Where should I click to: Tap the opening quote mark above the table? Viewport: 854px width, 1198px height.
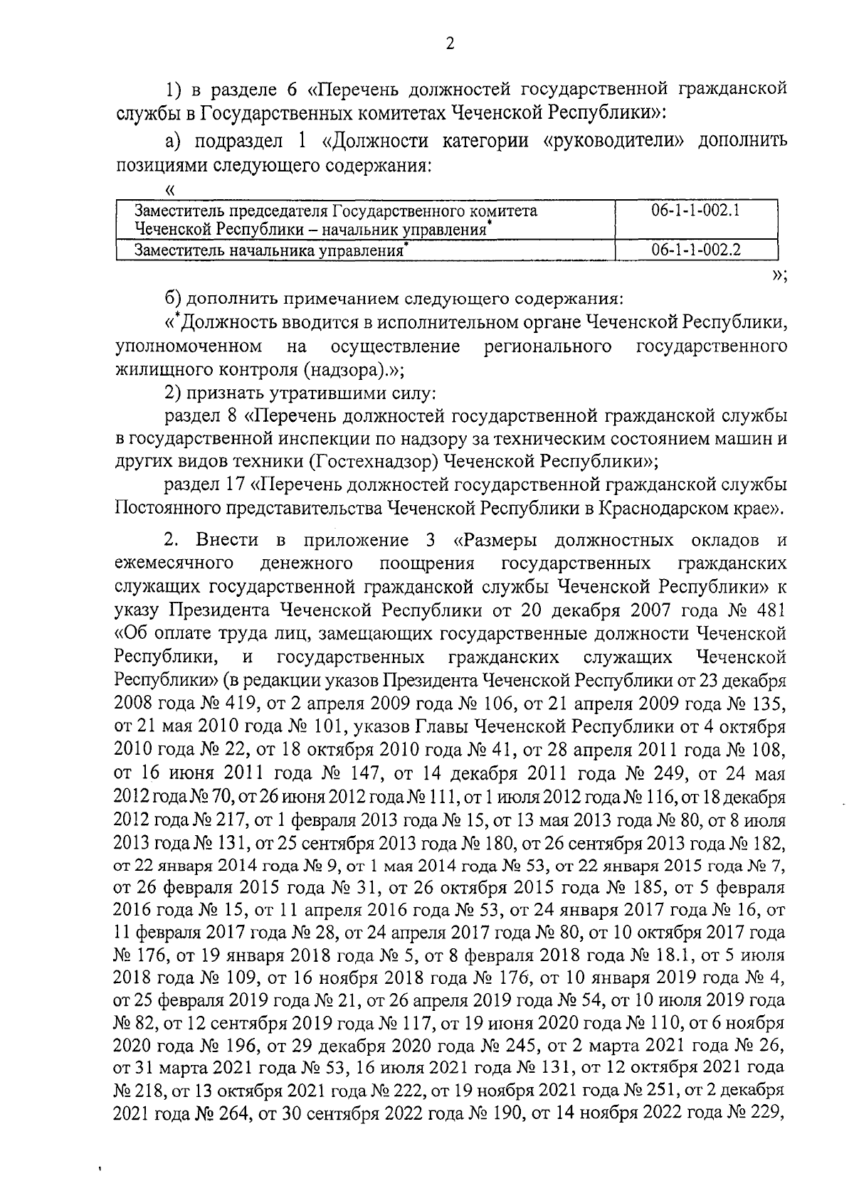point(169,189)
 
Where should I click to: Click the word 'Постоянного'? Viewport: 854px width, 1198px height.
point(166,508)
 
